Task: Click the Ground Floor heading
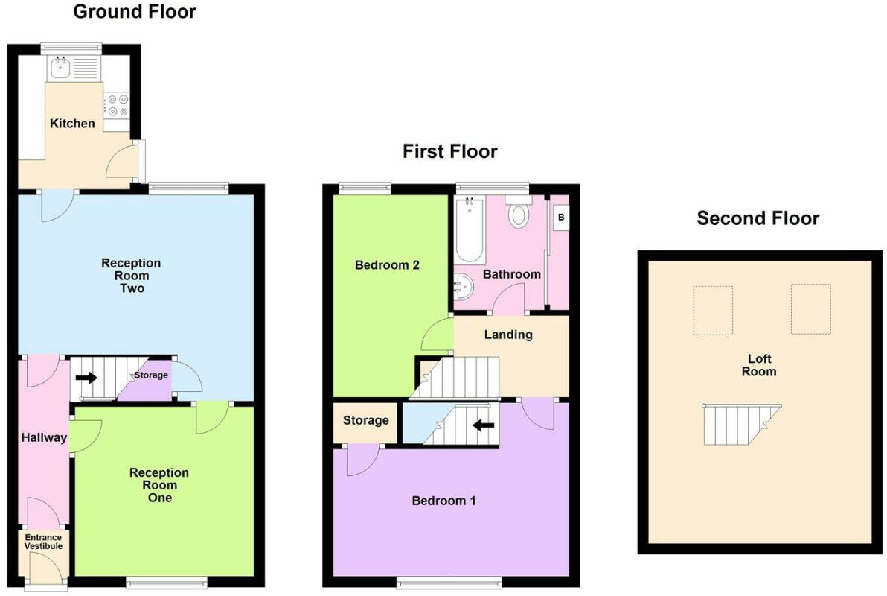(135, 12)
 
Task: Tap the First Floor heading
(449, 151)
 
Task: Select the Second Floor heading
(758, 218)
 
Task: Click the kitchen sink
(60, 69)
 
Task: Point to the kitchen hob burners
(117, 106)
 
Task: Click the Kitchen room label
(72, 124)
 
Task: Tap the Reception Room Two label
(131, 276)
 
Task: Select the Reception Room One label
(159, 485)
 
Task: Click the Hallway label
(44, 437)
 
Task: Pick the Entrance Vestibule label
(44, 542)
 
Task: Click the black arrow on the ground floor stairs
(86, 377)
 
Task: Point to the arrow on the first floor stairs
(484, 425)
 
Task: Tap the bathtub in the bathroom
(470, 229)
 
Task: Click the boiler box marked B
(561, 218)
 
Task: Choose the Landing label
(508, 335)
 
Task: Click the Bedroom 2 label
(387, 265)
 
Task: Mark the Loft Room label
(759, 365)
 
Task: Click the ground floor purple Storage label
(151, 375)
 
